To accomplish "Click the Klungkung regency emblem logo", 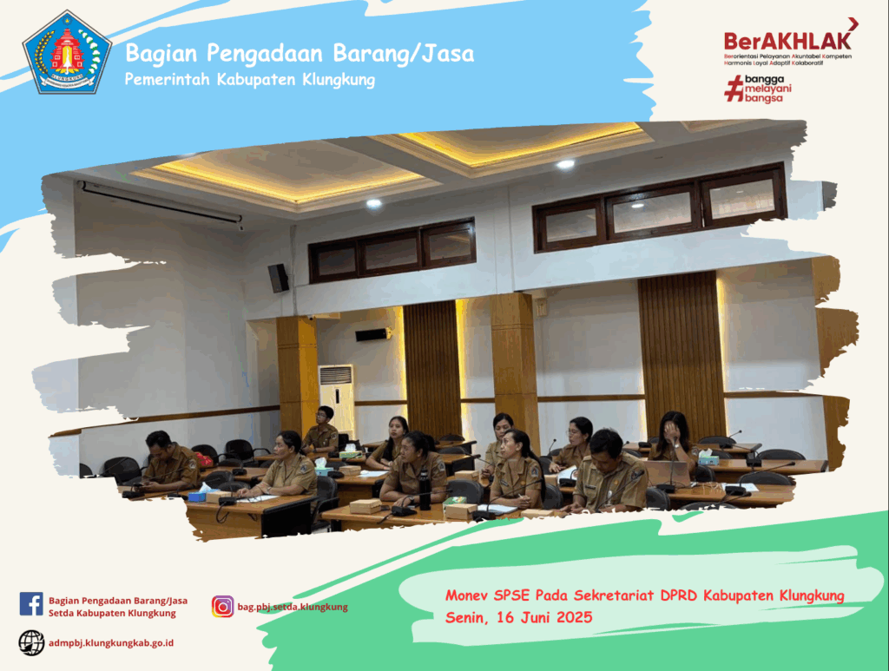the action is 67,52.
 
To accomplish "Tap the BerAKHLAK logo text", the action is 787,41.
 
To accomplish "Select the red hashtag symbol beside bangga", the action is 734,89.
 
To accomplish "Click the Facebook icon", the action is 31,604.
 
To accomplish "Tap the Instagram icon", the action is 223,607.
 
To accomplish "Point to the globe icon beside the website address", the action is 31,643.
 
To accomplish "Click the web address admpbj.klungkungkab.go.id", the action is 111,643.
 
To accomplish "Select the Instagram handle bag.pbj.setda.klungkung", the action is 293,607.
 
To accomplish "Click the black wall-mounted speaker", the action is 278,278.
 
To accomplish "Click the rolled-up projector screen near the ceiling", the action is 161,202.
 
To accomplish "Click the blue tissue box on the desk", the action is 197,497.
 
